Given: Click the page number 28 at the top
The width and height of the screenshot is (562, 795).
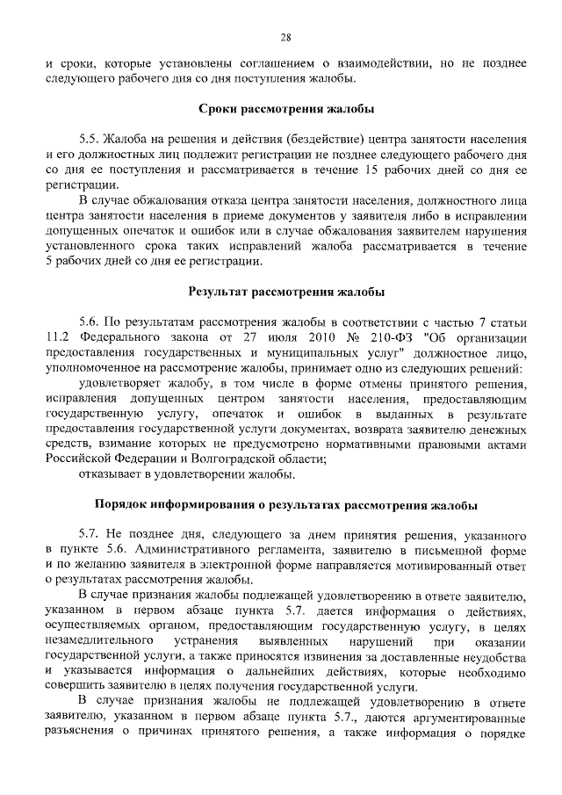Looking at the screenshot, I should coord(285,37).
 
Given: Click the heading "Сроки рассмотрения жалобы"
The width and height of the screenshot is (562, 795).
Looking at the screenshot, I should coord(285,109).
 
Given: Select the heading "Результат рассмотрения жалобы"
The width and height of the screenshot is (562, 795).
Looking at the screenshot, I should coord(285,291).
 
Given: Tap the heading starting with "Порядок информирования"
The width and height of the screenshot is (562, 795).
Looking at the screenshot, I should coord(285,505).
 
